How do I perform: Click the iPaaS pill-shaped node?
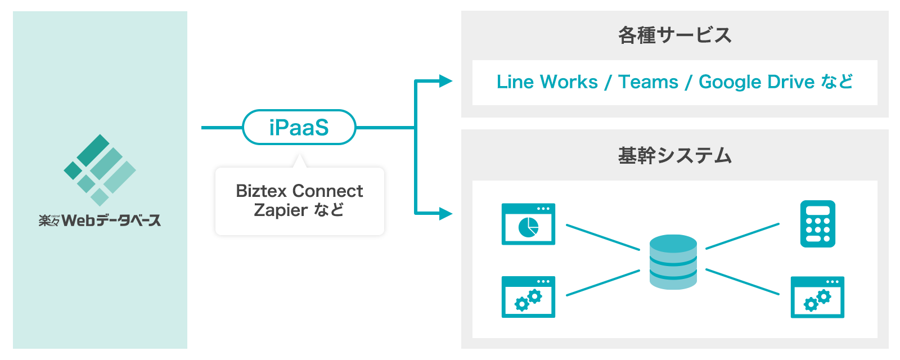pyautogui.click(x=299, y=128)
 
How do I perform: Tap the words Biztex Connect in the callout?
pyautogui.click(x=299, y=191)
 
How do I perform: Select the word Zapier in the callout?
pyautogui.click(x=280, y=210)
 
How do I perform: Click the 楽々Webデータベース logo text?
pyautogui.click(x=100, y=220)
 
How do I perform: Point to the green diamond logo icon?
pyautogui.click(x=100, y=169)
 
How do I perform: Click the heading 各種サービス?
pyautogui.click(x=674, y=35)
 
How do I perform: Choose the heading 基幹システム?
pyautogui.click(x=674, y=155)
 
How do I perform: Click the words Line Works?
pyautogui.click(x=547, y=82)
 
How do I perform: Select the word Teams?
pyautogui.click(x=648, y=82)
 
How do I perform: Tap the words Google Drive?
pyautogui.click(x=756, y=82)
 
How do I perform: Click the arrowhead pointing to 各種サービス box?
pyautogui.click(x=445, y=81)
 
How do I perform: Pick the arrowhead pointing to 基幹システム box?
pyautogui.click(x=445, y=213)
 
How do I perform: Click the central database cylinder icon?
pyautogui.click(x=673, y=262)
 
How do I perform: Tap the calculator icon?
pyautogui.click(x=817, y=224)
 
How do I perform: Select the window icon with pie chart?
pyautogui.click(x=528, y=224)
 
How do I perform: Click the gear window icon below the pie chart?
pyautogui.click(x=528, y=296)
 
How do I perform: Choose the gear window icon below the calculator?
pyautogui.click(x=817, y=297)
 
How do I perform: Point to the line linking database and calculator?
pyautogui.click(x=742, y=236)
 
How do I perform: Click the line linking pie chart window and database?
pyautogui.click(x=603, y=237)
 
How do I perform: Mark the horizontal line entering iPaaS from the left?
pyautogui.click(x=222, y=128)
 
